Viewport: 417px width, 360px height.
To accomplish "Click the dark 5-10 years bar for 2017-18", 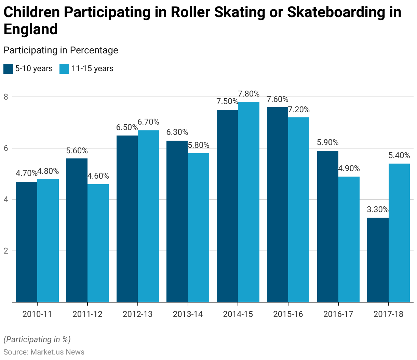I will (378, 260).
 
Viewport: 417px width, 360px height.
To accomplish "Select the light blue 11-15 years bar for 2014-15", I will (248, 202).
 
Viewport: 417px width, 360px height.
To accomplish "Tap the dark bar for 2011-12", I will (77, 230).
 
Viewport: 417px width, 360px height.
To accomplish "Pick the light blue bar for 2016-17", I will (349, 239).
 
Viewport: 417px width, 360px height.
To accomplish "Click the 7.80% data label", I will (248, 94).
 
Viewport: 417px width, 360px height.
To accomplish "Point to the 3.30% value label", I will (378, 209).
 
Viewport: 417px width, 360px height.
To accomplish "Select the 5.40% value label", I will (399, 155).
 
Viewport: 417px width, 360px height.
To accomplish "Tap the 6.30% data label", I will (177, 132).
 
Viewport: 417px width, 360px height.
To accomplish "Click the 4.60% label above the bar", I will (98, 176).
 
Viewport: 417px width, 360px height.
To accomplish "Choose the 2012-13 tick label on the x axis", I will (137, 314).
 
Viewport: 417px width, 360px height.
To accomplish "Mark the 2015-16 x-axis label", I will (288, 314).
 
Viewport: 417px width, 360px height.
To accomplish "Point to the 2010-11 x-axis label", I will (37, 314).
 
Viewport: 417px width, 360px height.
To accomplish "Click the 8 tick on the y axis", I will (6, 97).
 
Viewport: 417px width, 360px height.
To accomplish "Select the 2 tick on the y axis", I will (6, 251).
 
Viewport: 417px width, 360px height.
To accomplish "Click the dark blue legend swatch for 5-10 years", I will (8, 69).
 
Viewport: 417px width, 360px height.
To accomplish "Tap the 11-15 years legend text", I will (92, 69).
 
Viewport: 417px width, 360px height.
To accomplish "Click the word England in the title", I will (31, 29).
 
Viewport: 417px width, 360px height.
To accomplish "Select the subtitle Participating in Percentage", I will (61, 50).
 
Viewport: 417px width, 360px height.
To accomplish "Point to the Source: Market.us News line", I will (44, 352).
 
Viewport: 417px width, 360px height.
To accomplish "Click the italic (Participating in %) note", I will (37, 339).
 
